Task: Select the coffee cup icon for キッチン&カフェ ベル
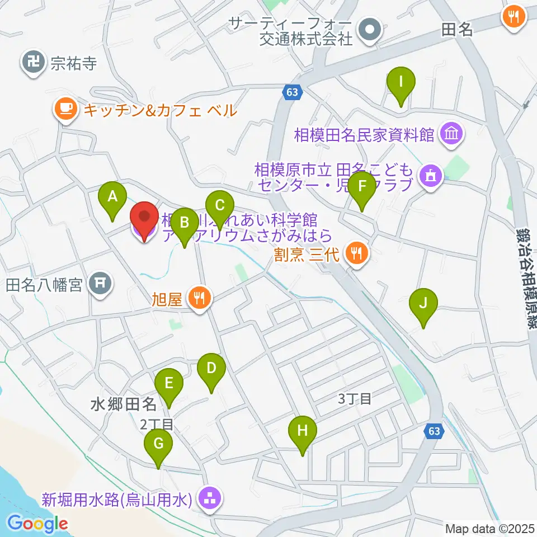pos(66,109)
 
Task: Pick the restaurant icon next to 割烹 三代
pos(356,254)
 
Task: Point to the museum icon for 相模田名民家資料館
pos(451,134)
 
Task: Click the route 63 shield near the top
pos(293,92)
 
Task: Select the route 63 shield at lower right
pos(434,431)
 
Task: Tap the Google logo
pos(38,524)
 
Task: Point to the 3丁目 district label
pos(354,399)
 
